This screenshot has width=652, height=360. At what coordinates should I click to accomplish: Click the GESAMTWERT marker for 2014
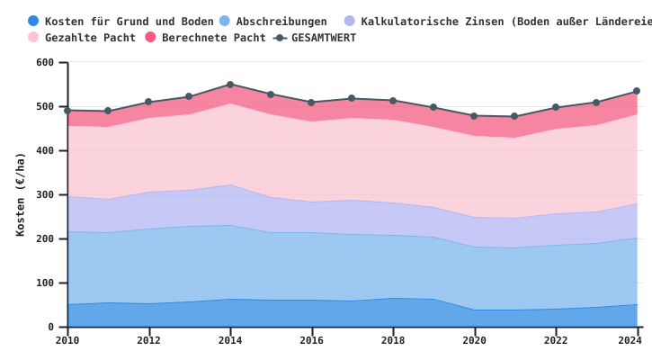point(230,85)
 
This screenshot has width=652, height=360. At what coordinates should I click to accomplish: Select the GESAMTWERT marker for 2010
point(67,111)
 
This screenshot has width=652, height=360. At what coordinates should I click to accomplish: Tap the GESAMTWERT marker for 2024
point(637,91)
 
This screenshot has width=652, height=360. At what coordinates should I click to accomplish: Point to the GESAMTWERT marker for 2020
point(474,115)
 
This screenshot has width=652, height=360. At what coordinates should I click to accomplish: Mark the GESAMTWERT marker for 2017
point(352,98)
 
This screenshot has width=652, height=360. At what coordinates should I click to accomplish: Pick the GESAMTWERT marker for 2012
point(148,102)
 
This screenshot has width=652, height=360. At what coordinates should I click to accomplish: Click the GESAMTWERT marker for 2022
point(556,107)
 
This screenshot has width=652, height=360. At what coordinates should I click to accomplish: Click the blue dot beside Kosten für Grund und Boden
point(33,21)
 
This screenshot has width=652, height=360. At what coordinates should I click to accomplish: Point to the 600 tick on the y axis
point(45,62)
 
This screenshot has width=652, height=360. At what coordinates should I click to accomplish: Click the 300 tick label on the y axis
point(45,194)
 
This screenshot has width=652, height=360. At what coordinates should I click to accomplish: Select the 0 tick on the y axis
point(51,327)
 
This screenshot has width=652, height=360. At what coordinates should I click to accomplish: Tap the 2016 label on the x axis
point(311,340)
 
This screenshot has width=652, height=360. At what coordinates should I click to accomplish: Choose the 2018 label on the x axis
point(393,340)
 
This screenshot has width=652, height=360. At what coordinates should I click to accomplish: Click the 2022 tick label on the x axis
point(556,340)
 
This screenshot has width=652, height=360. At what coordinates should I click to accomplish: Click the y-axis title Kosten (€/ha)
point(20,194)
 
